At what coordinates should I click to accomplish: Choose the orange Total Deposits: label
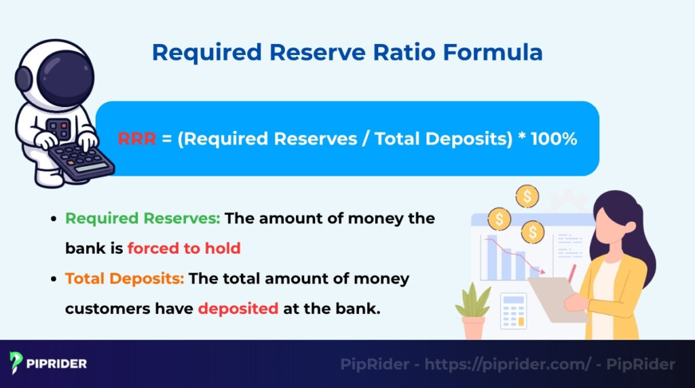coord(125,279)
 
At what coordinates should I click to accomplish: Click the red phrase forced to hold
coord(184,248)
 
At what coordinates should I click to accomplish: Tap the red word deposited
coord(238,308)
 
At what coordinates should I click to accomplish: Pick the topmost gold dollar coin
coord(527,197)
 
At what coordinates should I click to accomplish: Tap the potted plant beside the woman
coord(473,311)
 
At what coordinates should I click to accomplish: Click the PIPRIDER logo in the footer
coord(48,364)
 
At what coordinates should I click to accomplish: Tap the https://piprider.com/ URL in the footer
coord(508,364)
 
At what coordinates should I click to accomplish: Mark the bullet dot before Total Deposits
coord(54,279)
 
